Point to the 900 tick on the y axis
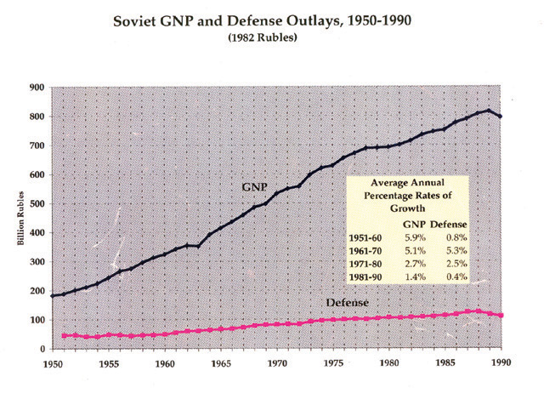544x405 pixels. pos(37,87)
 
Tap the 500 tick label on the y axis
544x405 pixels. pos(37,203)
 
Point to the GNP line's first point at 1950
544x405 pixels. pos(53,296)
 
